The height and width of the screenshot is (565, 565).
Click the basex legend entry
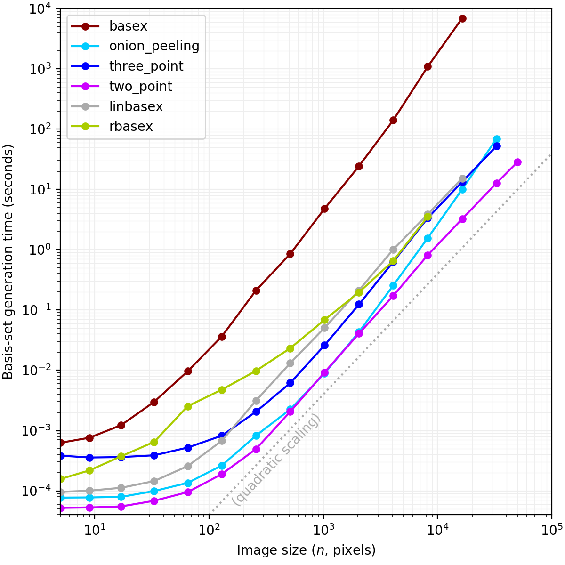pyautogui.click(x=128, y=26)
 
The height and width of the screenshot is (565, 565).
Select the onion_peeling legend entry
pyautogui.click(x=154, y=46)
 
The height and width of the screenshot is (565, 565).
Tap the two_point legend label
pyautogui.click(x=140, y=87)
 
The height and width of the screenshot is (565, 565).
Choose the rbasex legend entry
pyautogui.click(x=131, y=127)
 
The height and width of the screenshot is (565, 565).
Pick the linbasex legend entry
pyautogui.click(x=136, y=107)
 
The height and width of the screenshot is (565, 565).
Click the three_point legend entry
pyautogui.click(x=146, y=66)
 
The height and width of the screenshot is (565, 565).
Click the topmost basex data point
pyautogui.click(x=462, y=18)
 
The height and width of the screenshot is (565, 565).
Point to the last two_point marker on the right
pyautogui.click(x=517, y=162)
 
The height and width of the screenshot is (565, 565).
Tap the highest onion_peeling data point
pyautogui.click(x=497, y=139)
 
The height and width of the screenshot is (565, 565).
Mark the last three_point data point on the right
pyautogui.click(x=497, y=146)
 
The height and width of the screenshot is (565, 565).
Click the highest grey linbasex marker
pyautogui.click(x=462, y=179)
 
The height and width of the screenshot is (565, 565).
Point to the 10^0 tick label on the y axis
pyautogui.click(x=41, y=250)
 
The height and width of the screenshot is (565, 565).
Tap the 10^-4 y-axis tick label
pyautogui.click(x=39, y=491)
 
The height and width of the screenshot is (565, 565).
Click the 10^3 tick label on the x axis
pyautogui.click(x=323, y=530)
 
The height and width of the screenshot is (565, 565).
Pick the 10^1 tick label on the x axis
pyautogui.click(x=95, y=530)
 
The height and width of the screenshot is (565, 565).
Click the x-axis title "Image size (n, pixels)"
pyautogui.click(x=306, y=550)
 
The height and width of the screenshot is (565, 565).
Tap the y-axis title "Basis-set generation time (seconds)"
pyautogui.click(x=8, y=262)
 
